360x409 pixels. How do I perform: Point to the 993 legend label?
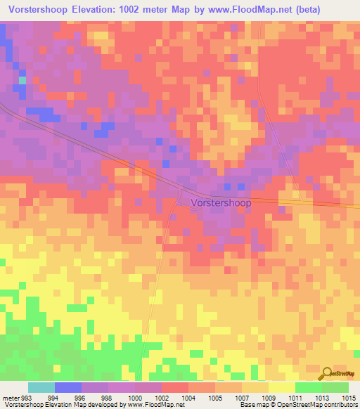(27, 397)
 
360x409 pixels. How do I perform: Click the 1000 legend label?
(135, 397)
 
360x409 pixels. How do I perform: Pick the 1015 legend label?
(349, 397)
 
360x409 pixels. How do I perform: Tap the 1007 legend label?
(242, 397)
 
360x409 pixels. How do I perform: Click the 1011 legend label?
(295, 397)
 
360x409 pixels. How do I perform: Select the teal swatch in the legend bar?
(41, 387)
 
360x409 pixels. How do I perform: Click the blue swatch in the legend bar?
(68, 387)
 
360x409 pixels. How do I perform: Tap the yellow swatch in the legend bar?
(282, 387)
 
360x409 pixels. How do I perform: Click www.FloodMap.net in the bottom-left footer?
(149, 405)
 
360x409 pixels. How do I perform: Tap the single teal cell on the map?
(22, 80)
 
